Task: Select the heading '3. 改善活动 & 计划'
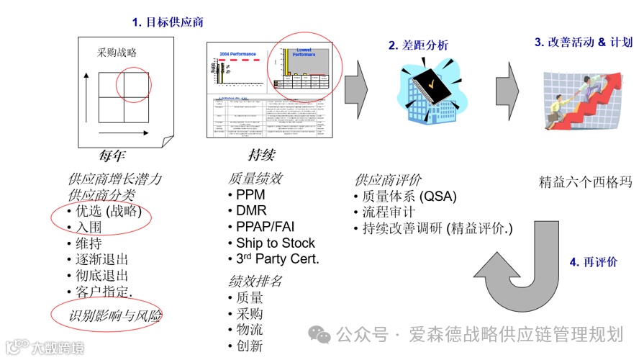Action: point(583,42)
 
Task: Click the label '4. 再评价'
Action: point(593,262)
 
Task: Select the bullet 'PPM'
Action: point(250,195)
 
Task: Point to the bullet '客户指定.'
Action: point(104,292)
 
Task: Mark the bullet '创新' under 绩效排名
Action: point(249,346)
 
